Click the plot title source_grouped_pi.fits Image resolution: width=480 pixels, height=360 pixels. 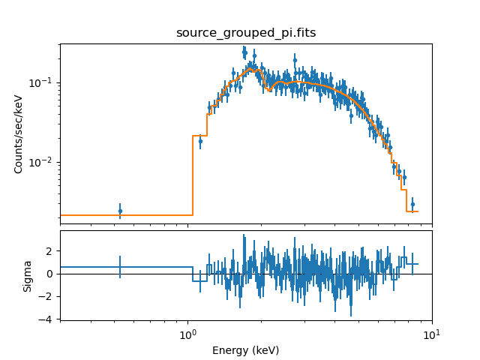pos(245,33)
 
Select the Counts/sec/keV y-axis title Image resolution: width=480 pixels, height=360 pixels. pos(19,133)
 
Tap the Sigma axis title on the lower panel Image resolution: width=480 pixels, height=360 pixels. pos(28,275)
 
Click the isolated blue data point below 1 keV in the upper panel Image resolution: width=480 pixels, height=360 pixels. pos(120,211)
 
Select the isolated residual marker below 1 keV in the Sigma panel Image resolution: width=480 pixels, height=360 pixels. pos(120,267)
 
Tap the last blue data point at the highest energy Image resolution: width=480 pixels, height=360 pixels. pos(412,204)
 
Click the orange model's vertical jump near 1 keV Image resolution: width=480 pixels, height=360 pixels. pos(193,176)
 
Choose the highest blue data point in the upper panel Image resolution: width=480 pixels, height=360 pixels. pos(244,51)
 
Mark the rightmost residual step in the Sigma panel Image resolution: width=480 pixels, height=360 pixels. pos(412,264)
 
